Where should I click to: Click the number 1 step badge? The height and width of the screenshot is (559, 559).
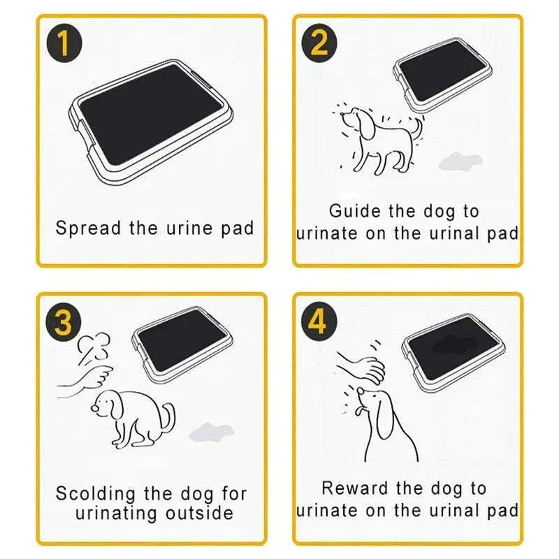tap(64, 43)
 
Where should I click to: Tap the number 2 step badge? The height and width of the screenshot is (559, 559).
tap(319, 43)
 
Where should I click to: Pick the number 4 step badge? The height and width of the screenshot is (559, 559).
tap(319, 322)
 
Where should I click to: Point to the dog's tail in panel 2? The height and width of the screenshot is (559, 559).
tap(417, 129)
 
